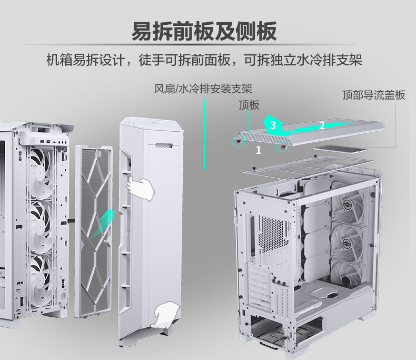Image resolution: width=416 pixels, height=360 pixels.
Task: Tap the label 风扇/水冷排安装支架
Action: click(x=203, y=88)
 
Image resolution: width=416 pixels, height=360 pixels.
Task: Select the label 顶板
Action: click(x=249, y=105)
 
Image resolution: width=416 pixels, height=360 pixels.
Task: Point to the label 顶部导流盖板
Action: click(x=373, y=95)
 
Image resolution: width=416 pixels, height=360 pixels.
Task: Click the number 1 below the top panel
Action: click(x=258, y=151)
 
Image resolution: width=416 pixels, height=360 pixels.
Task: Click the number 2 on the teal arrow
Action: click(x=322, y=125)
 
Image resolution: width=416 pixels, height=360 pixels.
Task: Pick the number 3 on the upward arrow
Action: click(x=272, y=125)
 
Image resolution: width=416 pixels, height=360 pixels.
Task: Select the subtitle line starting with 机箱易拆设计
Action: click(x=204, y=60)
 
